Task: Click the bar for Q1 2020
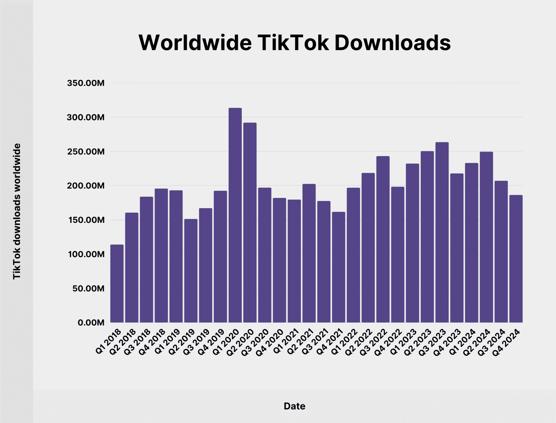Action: point(235,215)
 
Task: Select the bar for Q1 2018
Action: point(117,283)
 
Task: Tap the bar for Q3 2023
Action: point(442,232)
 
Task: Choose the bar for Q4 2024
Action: point(516,259)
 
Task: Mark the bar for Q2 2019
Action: point(191,270)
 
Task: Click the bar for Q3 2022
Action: point(383,239)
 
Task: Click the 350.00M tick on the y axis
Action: point(86,83)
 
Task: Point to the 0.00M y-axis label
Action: point(91,323)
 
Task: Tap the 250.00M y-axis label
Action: point(86,152)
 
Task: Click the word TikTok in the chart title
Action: point(293,43)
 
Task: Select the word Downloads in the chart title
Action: point(392,43)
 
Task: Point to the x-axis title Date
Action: point(294,406)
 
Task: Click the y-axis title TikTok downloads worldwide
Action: point(17,211)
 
